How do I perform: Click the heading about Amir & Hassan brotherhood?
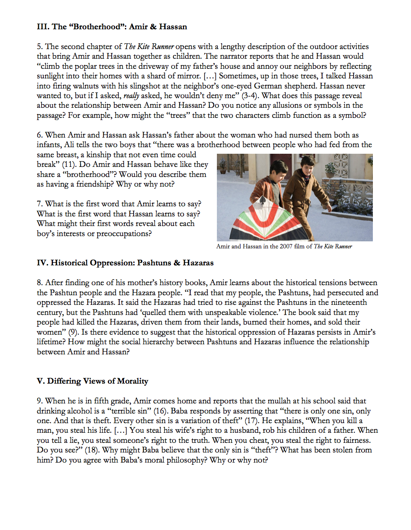click(112, 27)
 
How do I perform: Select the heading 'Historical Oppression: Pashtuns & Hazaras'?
click(125, 263)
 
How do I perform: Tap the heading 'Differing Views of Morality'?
click(92, 381)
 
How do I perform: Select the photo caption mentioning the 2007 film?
click(284, 247)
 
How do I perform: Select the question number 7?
click(39, 204)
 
